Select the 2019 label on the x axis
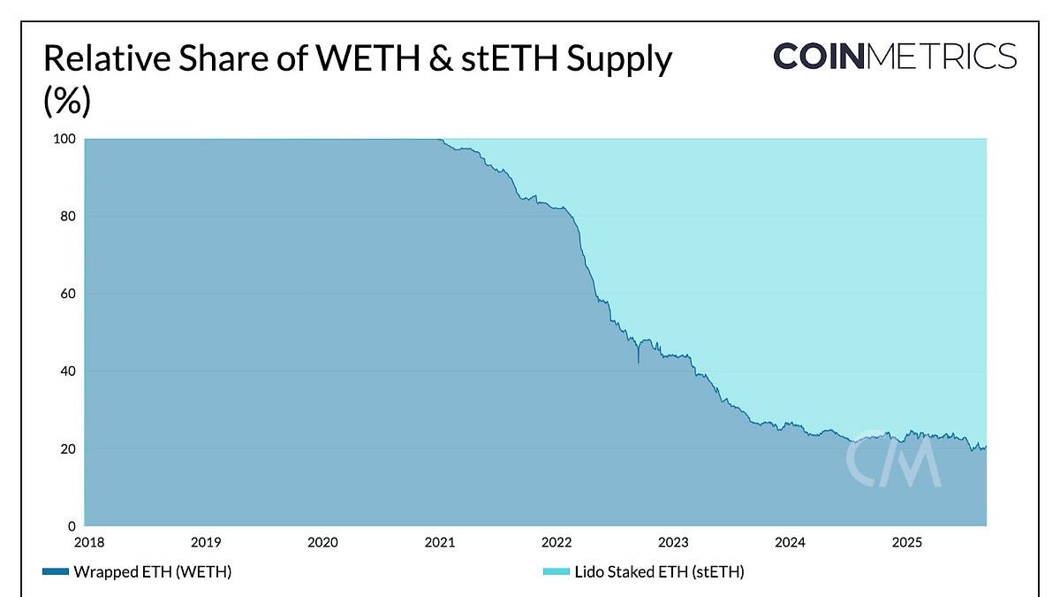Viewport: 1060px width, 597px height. click(205, 541)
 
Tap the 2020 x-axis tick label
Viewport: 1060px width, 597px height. click(322, 541)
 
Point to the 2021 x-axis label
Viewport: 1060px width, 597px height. click(440, 541)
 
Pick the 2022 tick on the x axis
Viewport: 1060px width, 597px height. click(556, 541)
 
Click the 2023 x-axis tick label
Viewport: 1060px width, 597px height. click(674, 541)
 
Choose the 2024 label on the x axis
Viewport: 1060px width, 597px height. click(791, 541)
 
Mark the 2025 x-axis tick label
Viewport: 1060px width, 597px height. click(908, 541)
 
